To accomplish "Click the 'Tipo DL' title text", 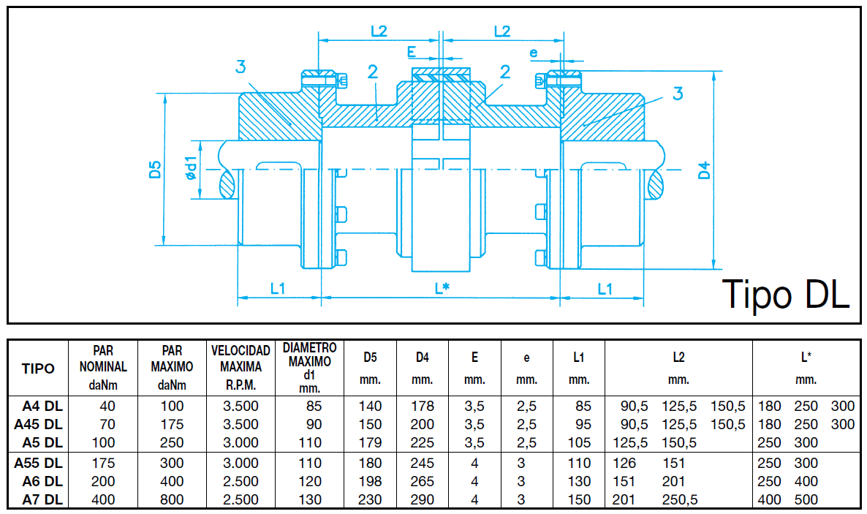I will coord(785,294).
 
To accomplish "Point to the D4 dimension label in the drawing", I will coord(704,171).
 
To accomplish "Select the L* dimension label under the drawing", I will coord(441,288).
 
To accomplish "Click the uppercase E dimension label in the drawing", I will coord(412,52).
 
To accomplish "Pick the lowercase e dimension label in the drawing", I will coord(534,52).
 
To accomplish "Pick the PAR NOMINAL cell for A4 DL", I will coord(108,406).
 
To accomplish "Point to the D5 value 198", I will coord(370,482).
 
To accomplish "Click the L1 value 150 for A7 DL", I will coord(578,500).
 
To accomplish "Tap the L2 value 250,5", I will coord(679,500).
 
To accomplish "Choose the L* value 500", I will coord(806,500).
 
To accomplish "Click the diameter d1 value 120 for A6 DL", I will coord(310,482).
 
